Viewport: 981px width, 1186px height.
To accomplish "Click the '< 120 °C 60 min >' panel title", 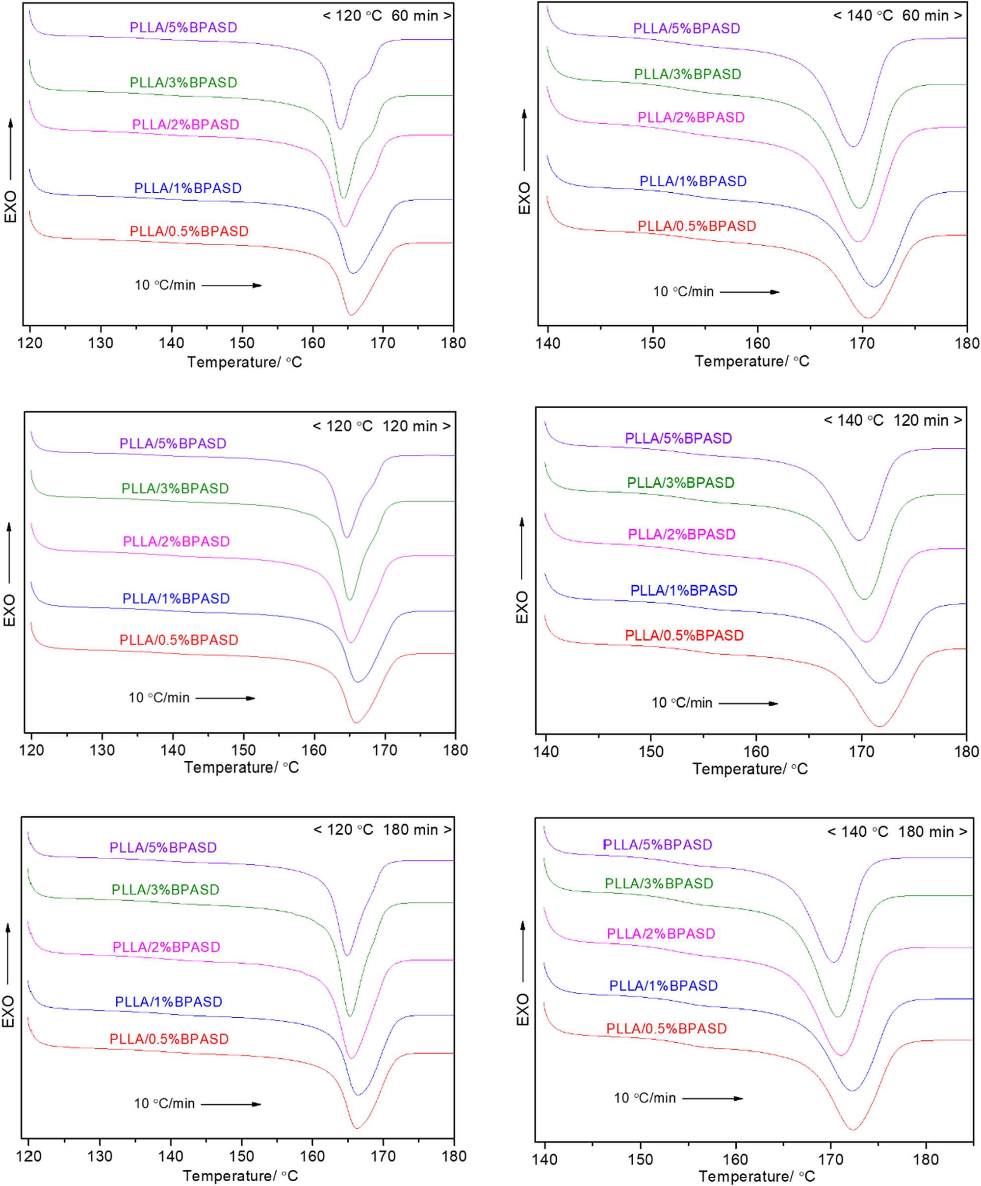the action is pos(387,16).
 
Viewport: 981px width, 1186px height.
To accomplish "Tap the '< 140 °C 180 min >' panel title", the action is pos(897,832).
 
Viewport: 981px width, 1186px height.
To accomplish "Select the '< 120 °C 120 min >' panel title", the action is pos(382,426).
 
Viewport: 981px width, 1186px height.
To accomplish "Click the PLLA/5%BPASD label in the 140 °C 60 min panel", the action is pos(686,28).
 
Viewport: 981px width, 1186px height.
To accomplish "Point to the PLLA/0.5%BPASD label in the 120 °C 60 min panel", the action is pos(189,231).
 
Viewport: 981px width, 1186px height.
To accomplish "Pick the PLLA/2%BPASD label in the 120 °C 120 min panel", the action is pos(176,541).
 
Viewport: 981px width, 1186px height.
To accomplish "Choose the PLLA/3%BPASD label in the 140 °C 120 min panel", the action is pos(680,482).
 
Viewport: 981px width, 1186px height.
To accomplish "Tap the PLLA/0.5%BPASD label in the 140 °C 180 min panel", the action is pos(667,1029).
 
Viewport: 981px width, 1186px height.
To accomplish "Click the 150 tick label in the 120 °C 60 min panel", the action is pos(242,343).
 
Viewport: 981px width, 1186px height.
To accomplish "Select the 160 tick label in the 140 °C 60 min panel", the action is pos(757,343).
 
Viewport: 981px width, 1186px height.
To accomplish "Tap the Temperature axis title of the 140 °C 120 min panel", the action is pos(750,769).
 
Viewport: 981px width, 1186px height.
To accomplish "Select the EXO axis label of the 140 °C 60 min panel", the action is pos(525,198).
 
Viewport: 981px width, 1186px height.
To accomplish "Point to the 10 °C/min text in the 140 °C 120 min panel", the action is pos(682,703).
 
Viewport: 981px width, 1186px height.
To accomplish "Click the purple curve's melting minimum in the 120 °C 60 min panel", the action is pos(340,129).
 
